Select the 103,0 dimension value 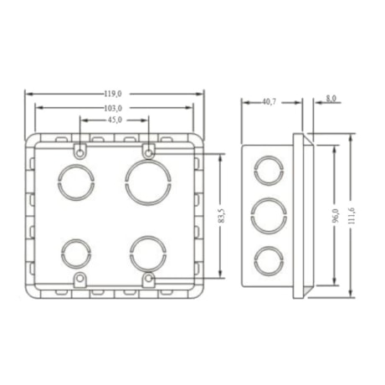[114, 108]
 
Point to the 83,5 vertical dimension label [220, 216]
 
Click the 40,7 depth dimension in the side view [269, 102]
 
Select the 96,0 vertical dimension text [335, 215]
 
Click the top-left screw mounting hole [79, 151]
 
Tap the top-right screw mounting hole [148, 151]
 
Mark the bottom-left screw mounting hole [79, 279]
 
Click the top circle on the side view [268, 171]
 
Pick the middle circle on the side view [268, 215]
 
